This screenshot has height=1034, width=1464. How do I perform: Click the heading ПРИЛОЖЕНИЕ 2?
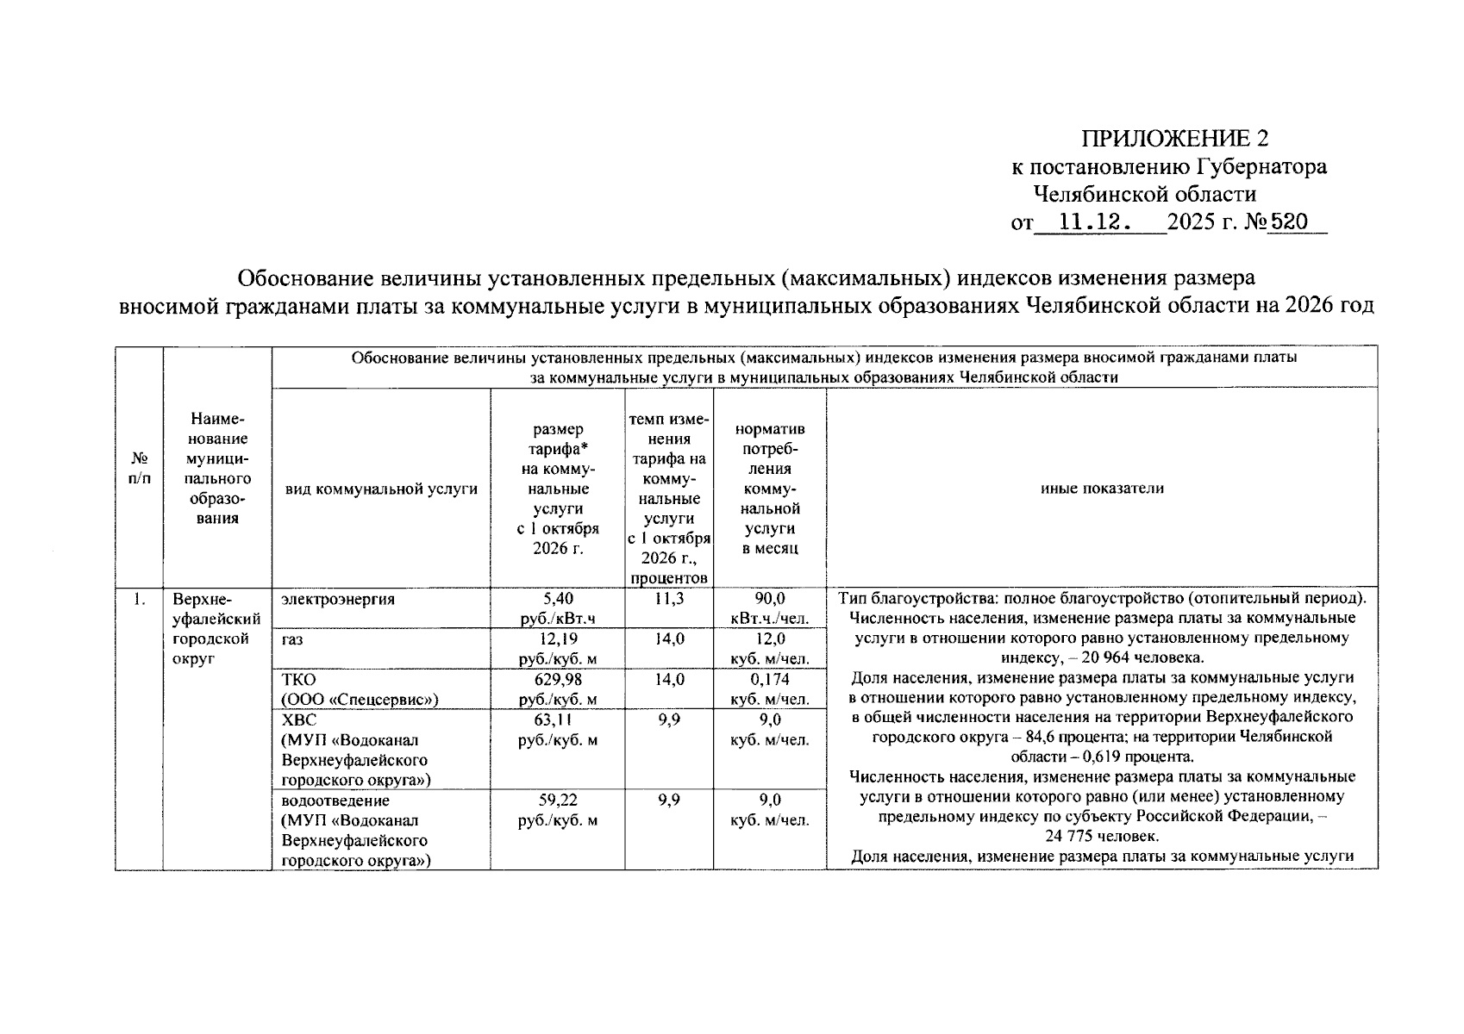point(1175,139)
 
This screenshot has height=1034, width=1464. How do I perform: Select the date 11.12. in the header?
point(1094,222)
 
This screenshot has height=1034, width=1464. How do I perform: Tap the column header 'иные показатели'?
point(1102,489)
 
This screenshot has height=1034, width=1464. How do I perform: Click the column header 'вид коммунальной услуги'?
point(381,489)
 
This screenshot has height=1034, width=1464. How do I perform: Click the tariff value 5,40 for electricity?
point(558,598)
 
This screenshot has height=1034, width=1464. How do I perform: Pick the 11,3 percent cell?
point(668,598)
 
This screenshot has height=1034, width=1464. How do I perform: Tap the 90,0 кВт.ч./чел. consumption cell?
point(769,607)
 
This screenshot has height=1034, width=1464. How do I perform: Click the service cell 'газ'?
point(292,639)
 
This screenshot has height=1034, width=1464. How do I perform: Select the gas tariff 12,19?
point(558,638)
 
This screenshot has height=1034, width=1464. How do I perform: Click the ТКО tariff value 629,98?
point(558,679)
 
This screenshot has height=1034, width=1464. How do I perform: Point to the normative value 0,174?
point(769,679)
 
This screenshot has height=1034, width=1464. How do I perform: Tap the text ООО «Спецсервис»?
point(360,700)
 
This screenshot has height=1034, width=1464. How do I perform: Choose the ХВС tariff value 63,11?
point(558,719)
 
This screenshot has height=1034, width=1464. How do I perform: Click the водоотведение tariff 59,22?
point(558,800)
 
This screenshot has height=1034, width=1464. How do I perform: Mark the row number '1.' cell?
point(139,599)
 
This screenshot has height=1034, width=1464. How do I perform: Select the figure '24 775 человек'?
point(1102,837)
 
